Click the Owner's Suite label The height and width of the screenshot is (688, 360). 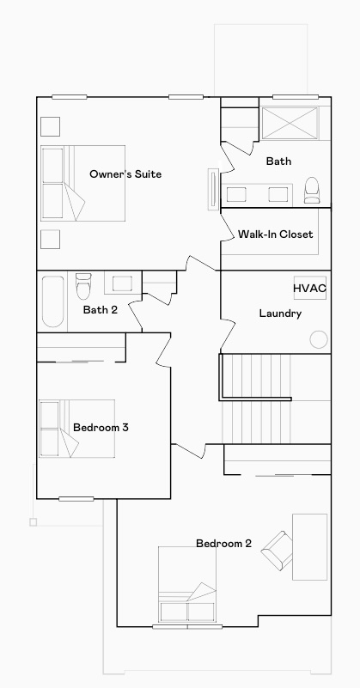[125, 174]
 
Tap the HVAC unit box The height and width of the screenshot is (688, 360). [309, 288]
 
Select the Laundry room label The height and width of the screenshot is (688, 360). [280, 314]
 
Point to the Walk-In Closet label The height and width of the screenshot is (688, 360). [275, 234]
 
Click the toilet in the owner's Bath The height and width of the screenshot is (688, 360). [311, 190]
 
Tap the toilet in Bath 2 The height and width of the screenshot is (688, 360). [83, 283]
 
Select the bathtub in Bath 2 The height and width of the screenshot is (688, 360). [53, 301]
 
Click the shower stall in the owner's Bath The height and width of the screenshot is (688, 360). [290, 124]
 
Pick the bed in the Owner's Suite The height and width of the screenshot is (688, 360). [83, 182]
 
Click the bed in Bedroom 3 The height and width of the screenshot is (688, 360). [76, 428]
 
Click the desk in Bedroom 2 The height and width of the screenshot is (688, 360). [309, 546]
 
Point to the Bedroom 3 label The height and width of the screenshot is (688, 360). [101, 427]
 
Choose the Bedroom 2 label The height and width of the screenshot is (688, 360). [223, 543]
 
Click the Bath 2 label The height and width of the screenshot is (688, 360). [100, 310]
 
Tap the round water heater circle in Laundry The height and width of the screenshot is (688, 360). [319, 339]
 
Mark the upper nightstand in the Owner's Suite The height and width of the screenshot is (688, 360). [50, 125]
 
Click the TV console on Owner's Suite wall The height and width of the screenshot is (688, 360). [211, 187]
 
